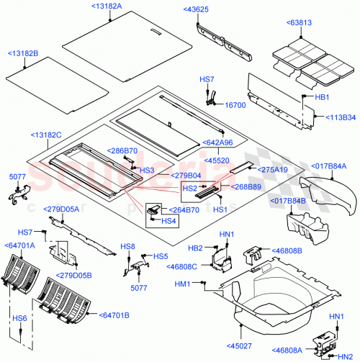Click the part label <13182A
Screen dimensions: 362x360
tap(107, 6)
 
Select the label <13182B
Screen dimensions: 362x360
tap(24, 54)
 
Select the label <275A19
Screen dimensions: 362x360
tap(274, 170)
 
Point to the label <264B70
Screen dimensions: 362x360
tap(184, 211)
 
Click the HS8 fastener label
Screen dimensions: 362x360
tap(129, 247)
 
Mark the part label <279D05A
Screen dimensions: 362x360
tap(63, 209)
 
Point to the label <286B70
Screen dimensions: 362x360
tap(123, 150)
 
